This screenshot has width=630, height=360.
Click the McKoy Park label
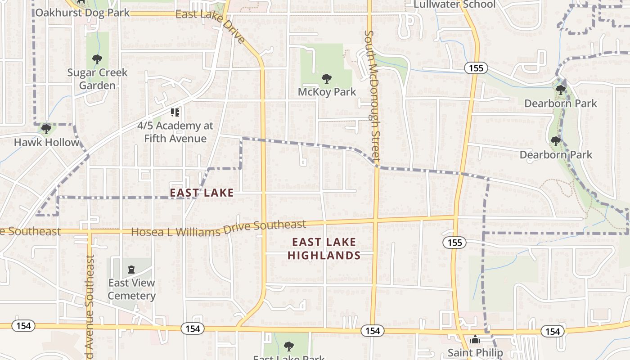pos(327,92)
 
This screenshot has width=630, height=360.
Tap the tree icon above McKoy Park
pos(327,79)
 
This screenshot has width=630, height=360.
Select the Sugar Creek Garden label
pos(97,79)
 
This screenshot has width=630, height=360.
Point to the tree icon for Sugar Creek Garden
pos(97,59)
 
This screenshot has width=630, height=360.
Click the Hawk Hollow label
pos(46,142)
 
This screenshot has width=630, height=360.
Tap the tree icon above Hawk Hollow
pos(46,130)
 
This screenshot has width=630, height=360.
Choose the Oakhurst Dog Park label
pos(82,12)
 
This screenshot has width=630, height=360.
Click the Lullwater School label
pos(454,4)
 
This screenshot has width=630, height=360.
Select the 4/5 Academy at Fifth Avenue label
pos(175,132)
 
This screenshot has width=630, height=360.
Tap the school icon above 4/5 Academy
pos(175,112)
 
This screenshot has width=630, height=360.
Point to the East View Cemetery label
pos(131,289)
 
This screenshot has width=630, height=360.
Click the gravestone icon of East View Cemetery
pos(131,270)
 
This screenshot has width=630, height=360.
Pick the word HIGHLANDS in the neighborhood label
pos(324,256)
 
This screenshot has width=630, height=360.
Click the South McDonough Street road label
pos(373,96)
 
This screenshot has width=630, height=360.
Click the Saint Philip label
pos(475,352)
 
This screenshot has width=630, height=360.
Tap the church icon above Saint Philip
pos(475,340)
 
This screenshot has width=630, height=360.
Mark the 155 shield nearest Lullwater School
pos(475,68)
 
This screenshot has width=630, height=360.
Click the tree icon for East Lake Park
pos(288,346)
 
